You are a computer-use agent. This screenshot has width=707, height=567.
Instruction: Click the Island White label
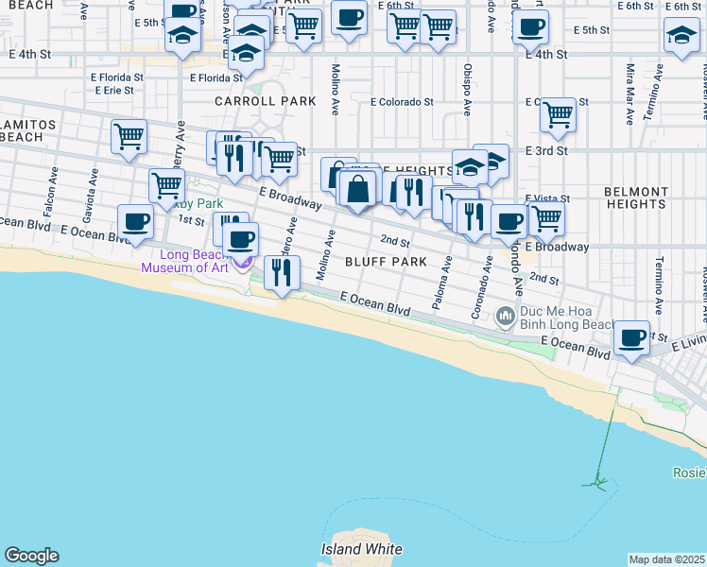[x=361, y=549]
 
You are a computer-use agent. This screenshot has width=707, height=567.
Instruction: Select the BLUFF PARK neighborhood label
[x=387, y=261]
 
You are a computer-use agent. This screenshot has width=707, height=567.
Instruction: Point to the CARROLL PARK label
[x=250, y=100]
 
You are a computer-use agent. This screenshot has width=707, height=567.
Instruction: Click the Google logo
[x=31, y=556]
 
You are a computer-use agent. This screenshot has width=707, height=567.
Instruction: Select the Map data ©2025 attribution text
[x=667, y=559]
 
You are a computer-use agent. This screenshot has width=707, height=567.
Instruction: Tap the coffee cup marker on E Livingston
[x=631, y=337]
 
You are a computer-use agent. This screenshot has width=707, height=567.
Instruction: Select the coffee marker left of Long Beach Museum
[x=135, y=223]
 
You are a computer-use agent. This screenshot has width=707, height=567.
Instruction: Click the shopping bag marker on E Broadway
[x=357, y=190]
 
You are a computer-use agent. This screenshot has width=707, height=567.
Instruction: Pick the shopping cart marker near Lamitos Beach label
[x=129, y=136]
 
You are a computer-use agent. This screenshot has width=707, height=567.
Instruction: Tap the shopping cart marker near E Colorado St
[x=559, y=115]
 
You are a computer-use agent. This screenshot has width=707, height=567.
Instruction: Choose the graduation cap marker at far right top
[x=681, y=36]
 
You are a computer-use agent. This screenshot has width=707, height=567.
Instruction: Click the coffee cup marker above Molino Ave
[x=349, y=18]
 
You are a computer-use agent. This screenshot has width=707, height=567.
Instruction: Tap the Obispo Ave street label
[x=468, y=89]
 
